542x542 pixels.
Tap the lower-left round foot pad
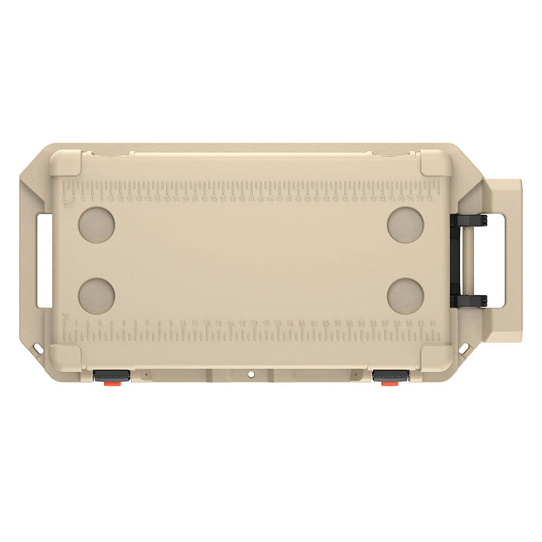click(x=97, y=295)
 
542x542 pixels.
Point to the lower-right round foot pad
click(x=405, y=295)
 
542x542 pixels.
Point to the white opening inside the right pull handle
click(x=498, y=260)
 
